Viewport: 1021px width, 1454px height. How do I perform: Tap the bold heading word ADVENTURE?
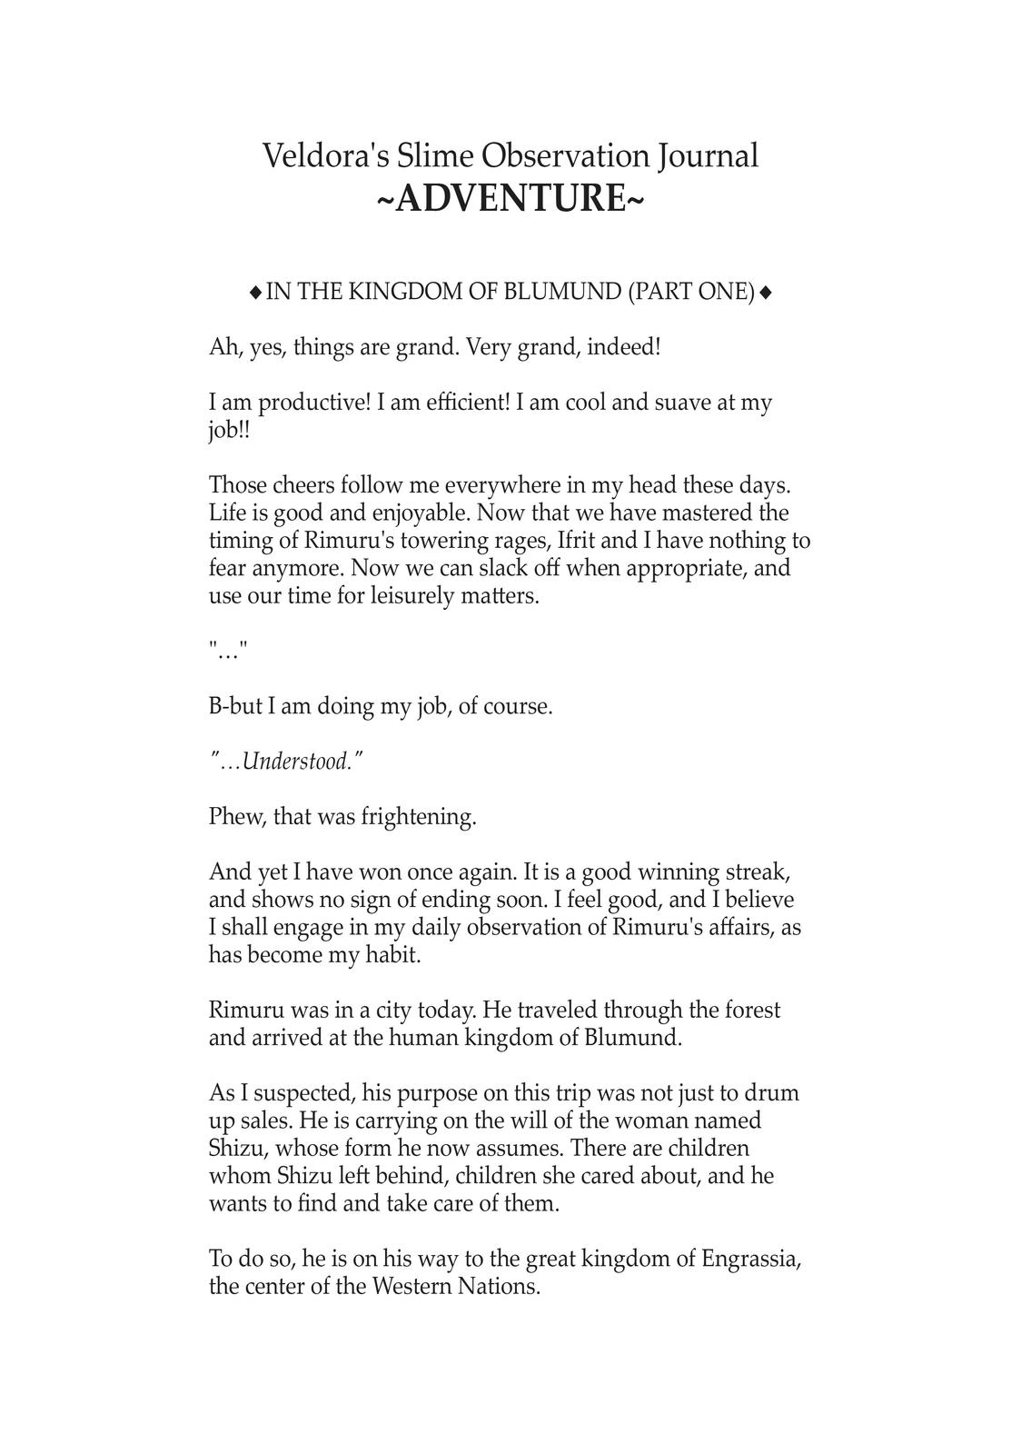510,198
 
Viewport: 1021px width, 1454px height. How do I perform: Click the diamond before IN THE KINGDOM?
255,293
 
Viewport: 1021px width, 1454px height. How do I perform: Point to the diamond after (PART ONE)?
766,293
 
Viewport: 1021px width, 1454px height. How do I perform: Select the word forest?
747,1010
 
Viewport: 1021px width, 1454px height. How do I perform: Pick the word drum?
773,1092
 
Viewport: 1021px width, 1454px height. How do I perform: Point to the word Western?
416,1287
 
